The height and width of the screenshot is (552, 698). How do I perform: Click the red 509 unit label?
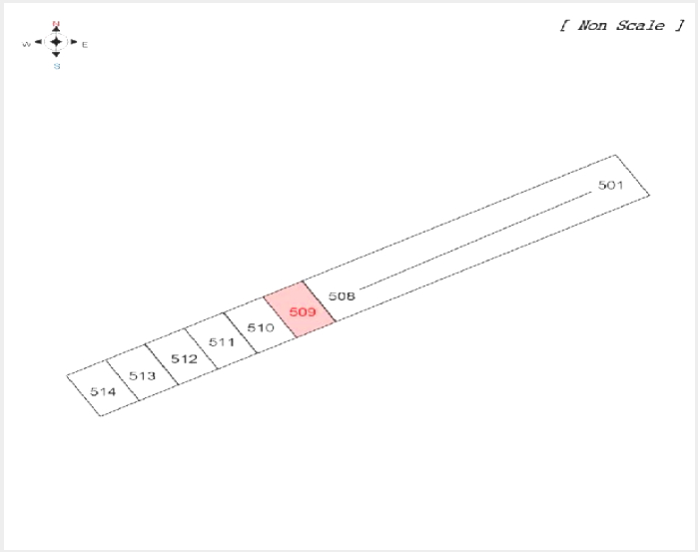point(303,311)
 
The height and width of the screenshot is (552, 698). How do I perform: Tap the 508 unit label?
point(342,296)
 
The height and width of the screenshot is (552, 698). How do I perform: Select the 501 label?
point(610,185)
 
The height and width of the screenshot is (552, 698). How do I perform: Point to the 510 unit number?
point(261,328)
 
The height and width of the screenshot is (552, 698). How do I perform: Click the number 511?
point(222,342)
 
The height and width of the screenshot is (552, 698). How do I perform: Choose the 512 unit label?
point(185,358)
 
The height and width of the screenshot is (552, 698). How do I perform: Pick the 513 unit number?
point(142,376)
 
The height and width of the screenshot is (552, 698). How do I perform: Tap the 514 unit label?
point(103,391)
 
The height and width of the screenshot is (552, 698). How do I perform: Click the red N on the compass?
point(56,24)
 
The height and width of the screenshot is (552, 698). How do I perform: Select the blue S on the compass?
point(57,66)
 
